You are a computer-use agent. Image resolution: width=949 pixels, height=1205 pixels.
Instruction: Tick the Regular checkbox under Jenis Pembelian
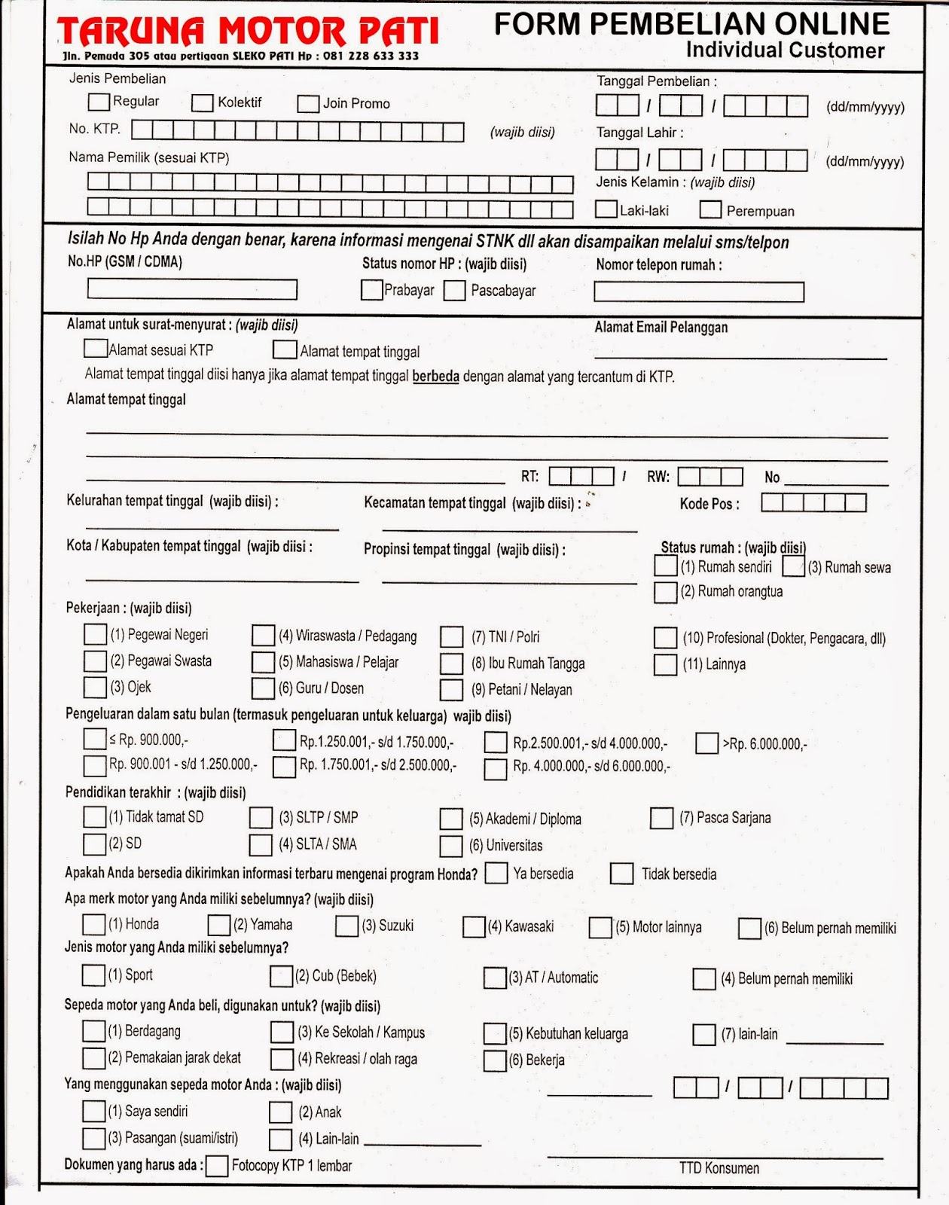[99, 101]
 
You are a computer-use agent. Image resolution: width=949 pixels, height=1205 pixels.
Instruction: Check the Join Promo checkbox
[308, 103]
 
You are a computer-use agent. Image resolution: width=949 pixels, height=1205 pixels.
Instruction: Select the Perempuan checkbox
[710, 209]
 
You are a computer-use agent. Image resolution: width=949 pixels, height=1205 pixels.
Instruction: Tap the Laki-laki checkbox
[606, 209]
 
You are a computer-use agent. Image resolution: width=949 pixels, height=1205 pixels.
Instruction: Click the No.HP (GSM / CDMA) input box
[192, 289]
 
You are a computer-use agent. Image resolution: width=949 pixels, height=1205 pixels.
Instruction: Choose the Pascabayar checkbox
[454, 291]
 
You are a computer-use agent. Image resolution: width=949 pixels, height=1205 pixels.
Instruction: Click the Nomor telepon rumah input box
[699, 291]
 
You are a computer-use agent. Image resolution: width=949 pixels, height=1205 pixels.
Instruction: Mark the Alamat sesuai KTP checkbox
[95, 348]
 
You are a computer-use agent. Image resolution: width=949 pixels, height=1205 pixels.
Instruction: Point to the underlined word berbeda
[435, 376]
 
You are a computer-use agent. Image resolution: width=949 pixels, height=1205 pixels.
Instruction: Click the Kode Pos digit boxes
[813, 502]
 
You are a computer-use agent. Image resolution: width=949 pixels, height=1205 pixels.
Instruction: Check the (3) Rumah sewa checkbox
[794, 566]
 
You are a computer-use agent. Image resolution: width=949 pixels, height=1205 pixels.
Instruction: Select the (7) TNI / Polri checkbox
[452, 637]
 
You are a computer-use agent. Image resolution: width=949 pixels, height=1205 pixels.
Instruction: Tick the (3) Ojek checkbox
[95, 687]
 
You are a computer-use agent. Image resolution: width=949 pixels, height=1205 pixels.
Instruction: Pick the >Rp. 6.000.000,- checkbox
[706, 743]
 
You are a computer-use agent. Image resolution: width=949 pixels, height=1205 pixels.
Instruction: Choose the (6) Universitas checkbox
[451, 846]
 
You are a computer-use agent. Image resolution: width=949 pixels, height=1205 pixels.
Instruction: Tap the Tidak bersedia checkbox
[621, 874]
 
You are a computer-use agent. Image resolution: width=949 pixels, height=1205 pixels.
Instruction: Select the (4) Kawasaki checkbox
[474, 926]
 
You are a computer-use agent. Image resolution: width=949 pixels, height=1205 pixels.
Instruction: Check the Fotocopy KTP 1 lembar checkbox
[217, 1166]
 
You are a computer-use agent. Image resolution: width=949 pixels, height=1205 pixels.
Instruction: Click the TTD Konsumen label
[719, 1168]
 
